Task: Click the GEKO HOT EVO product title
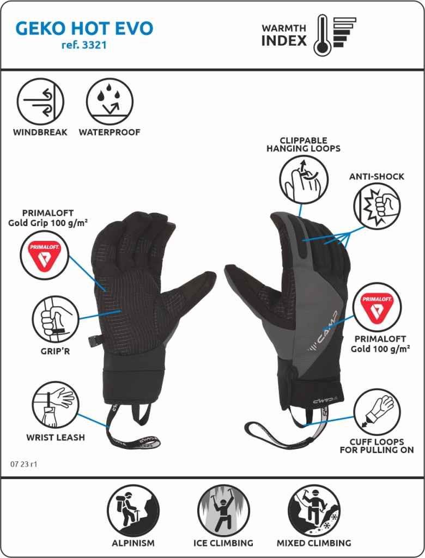pyautogui.click(x=84, y=28)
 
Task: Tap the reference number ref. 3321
pyautogui.click(x=84, y=46)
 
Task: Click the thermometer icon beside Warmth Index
pyautogui.click(x=322, y=35)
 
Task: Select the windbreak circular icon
pyautogui.click(x=40, y=102)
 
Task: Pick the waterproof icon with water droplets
pyautogui.click(x=110, y=102)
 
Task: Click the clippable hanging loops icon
pyautogui.click(x=303, y=179)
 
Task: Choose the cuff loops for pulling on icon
pyautogui.click(x=377, y=412)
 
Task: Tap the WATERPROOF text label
pyautogui.click(x=110, y=132)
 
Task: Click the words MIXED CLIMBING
pyautogui.click(x=313, y=543)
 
